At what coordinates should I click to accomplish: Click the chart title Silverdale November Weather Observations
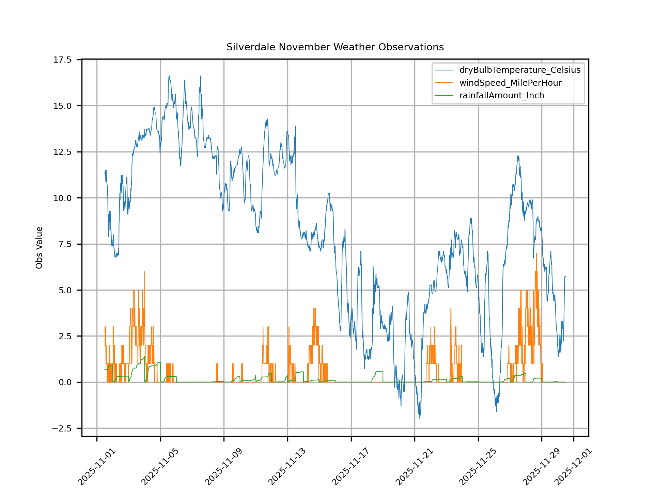coord(335,47)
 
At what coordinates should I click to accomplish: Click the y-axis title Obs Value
coord(39,248)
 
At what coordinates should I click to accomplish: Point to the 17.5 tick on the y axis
coord(62,60)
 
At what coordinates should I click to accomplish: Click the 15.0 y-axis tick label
coord(62,106)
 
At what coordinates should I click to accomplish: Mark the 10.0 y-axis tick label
coord(62,198)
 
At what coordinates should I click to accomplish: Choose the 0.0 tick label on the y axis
coord(65,382)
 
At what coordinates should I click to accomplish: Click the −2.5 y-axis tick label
coord(62,428)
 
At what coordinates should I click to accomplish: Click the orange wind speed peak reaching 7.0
coord(536,254)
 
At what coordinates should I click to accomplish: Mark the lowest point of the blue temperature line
coord(420,419)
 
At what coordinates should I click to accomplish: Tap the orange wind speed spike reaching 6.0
coord(145,272)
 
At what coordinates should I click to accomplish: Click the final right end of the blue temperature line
coord(565,277)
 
